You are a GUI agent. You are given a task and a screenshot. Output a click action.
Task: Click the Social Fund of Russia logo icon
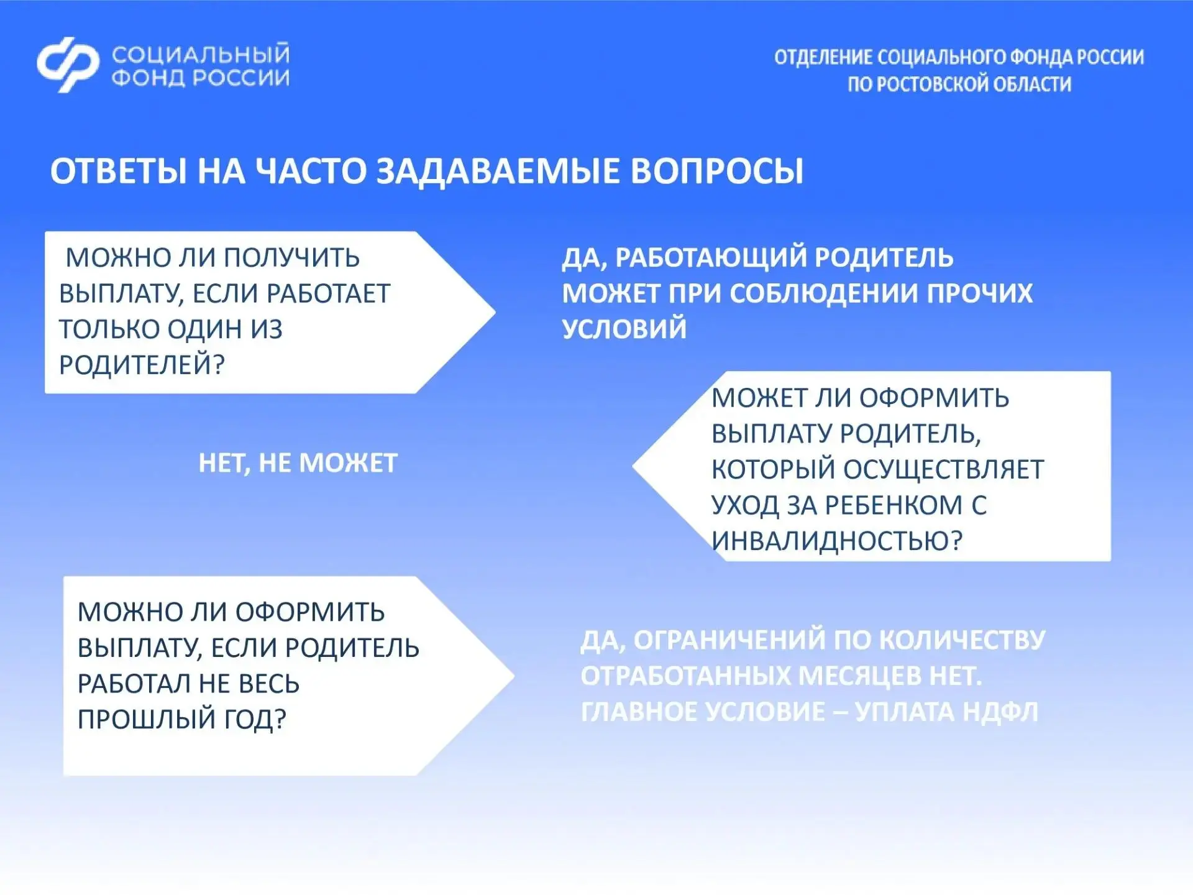point(68,65)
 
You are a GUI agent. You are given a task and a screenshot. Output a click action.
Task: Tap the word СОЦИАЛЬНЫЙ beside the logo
point(201,54)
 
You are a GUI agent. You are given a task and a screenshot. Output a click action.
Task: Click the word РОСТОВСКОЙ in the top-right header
point(932,84)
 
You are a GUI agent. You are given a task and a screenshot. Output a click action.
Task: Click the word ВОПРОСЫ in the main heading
point(717,171)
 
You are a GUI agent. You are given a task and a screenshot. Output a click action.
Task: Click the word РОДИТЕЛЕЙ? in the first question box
point(142,364)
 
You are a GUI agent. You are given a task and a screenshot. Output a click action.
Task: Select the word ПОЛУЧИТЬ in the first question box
point(291,257)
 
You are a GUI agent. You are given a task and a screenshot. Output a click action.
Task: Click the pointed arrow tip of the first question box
point(495,312)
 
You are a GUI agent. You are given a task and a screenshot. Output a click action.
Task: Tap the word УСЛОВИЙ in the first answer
point(624,329)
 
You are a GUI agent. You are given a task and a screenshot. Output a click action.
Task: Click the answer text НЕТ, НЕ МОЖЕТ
point(298,463)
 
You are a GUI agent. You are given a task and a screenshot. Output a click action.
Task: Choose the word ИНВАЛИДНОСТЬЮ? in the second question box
point(837,540)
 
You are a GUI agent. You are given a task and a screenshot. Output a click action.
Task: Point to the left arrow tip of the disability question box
point(633,466)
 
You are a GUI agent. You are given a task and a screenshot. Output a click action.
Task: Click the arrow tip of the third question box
point(514,676)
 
